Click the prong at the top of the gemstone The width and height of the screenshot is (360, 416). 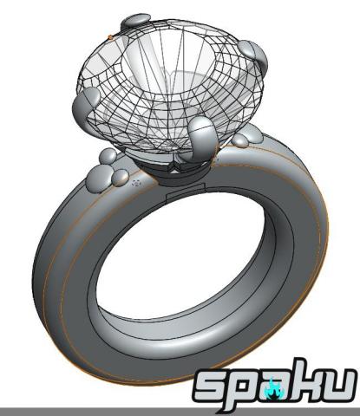[137, 21]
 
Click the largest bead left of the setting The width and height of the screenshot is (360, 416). [103, 180]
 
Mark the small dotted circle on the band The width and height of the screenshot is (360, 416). [134, 184]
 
